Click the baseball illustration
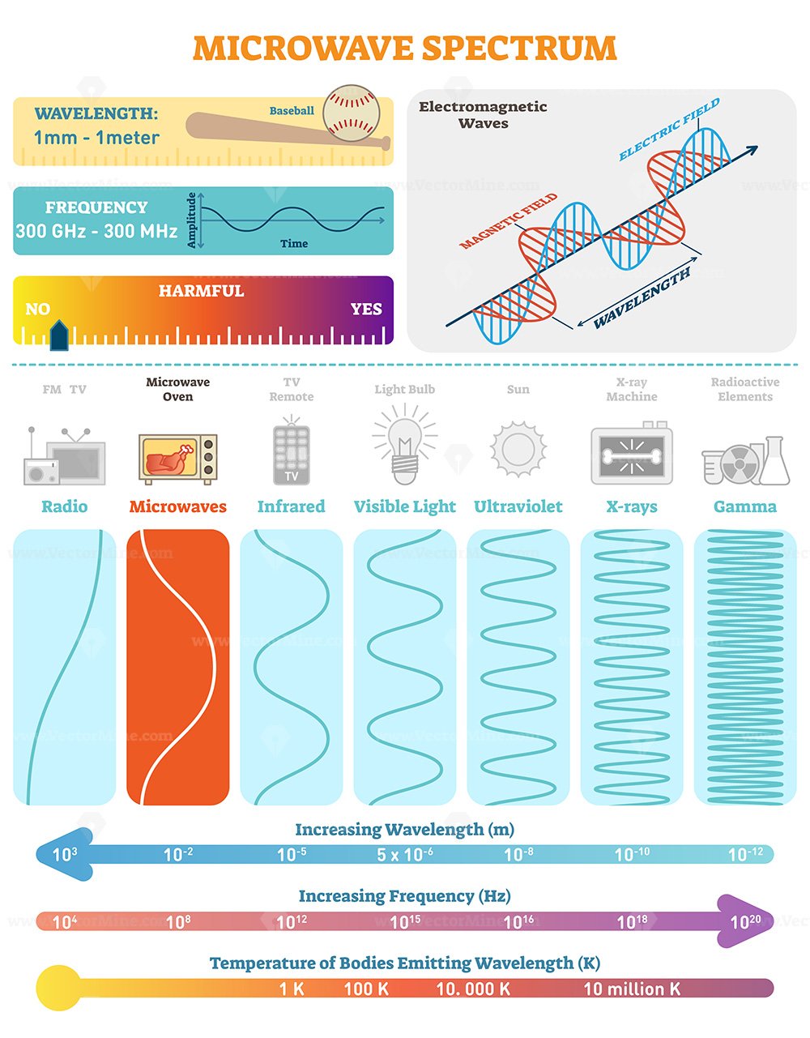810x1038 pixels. click(352, 113)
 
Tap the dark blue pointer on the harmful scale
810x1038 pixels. click(59, 335)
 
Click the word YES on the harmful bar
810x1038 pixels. click(366, 309)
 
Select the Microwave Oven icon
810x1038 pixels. click(178, 459)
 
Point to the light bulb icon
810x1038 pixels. click(405, 444)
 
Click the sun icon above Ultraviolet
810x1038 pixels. click(518, 449)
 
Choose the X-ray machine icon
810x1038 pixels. click(632, 453)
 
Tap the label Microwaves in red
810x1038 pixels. click(177, 506)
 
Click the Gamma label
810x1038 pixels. click(744, 506)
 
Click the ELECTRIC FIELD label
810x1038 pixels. click(669, 130)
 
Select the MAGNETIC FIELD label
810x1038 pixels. click(508, 221)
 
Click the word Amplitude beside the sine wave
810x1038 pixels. click(191, 220)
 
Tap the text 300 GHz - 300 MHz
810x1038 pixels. click(97, 231)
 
